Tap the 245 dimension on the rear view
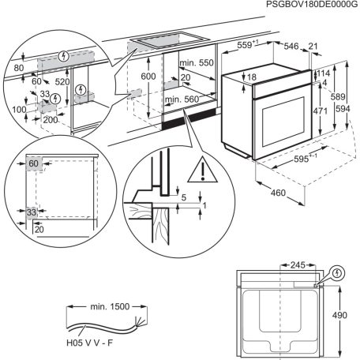[x=297, y=266]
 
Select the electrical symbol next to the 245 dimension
[x=338, y=275]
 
